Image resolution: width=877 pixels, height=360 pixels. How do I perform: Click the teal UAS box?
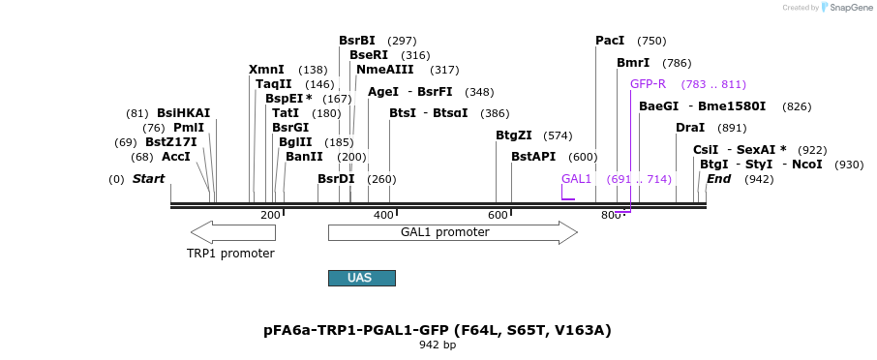(x=361, y=278)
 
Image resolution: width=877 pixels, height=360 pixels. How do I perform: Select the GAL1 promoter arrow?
(x=452, y=232)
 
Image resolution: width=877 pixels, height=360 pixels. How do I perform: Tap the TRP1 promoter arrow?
(x=231, y=232)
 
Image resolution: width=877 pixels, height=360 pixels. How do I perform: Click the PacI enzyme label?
(x=610, y=41)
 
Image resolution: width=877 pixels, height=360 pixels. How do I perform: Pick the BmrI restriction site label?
(x=633, y=63)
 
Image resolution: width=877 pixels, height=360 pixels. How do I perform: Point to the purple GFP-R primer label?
(x=648, y=84)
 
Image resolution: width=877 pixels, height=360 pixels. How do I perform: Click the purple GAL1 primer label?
(x=576, y=179)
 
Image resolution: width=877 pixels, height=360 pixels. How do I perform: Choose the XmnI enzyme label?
(x=266, y=70)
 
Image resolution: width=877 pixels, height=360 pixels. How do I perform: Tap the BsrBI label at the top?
(x=357, y=41)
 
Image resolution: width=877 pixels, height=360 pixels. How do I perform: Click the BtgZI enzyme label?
(x=514, y=135)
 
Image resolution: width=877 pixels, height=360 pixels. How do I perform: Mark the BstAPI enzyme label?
(x=533, y=157)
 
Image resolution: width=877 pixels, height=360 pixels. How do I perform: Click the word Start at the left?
(x=148, y=179)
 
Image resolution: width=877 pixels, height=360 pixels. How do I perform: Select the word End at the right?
(x=718, y=179)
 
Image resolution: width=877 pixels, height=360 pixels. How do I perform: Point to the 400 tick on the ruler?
(x=383, y=215)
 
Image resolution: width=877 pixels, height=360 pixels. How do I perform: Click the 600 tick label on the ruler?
(x=498, y=215)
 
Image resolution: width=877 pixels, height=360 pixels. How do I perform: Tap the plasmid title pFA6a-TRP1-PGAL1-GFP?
(x=437, y=330)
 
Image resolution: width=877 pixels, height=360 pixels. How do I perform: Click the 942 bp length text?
(x=437, y=345)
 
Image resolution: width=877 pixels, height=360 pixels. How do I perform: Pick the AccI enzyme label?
(x=176, y=157)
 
